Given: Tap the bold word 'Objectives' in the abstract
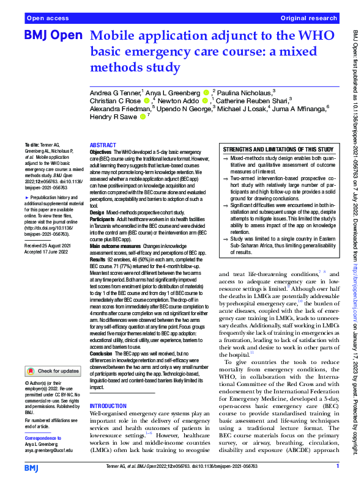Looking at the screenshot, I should coord(102,150).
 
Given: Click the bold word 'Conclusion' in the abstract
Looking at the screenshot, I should coord(102,354).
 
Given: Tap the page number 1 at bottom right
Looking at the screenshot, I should coord(337,467).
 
